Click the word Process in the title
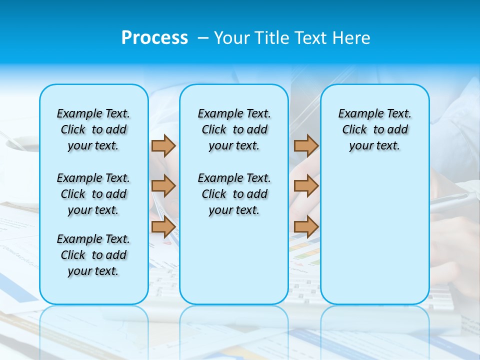point(154,38)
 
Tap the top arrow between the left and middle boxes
point(163,145)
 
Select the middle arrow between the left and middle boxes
point(163,186)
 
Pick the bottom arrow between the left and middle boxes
point(163,226)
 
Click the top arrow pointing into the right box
point(306,145)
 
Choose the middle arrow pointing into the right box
point(306,186)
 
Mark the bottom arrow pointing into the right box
point(306,226)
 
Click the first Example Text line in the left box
point(93,113)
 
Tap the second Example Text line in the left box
point(93,178)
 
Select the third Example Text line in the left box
point(93,239)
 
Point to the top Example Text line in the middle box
point(234,113)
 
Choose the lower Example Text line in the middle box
point(234,178)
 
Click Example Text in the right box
point(374,113)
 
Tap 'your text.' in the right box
point(374,146)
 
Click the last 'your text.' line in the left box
point(93,271)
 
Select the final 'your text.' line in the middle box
point(234,210)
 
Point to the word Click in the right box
point(354,130)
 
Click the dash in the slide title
point(203,38)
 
